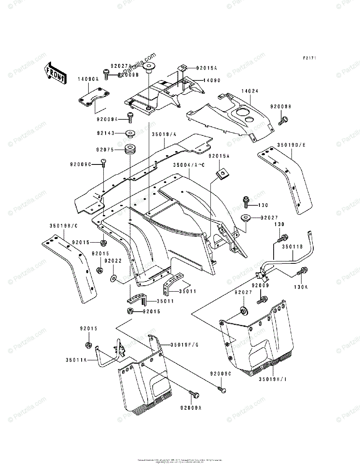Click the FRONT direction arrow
tap(54, 73)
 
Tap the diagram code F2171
tap(309, 58)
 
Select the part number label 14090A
tap(88, 79)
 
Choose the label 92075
tap(105, 149)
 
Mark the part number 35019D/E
tap(291, 145)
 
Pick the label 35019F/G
tap(184, 345)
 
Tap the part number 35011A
tap(76, 359)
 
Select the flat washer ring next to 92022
tap(113, 278)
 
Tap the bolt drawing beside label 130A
tap(303, 271)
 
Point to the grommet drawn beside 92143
tap(130, 133)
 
